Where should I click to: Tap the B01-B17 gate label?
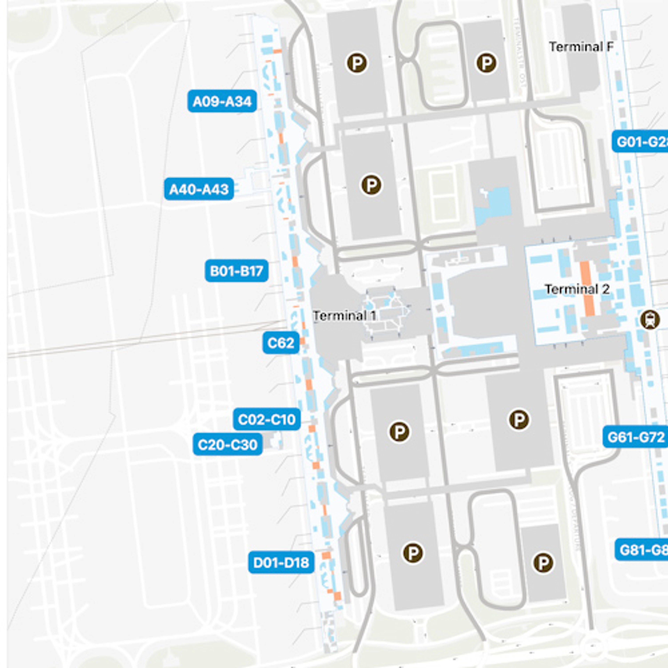(x=237, y=271)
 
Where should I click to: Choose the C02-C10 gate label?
(x=267, y=419)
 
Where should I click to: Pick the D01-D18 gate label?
(x=281, y=563)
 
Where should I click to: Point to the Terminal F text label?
(x=581, y=47)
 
